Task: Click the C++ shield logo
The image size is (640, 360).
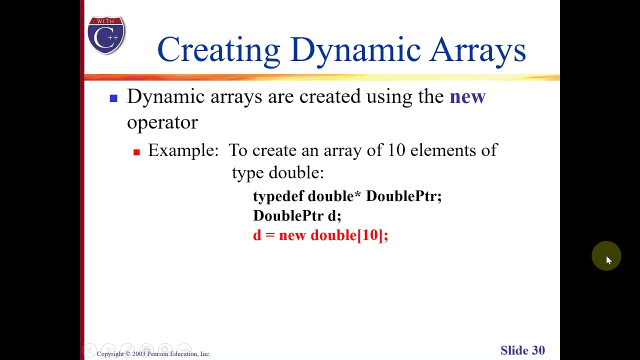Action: (x=106, y=35)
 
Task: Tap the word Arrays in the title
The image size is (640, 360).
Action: (x=477, y=50)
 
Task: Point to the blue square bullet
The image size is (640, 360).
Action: (x=113, y=98)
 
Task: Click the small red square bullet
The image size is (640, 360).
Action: (x=136, y=152)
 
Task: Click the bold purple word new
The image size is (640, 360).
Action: (x=467, y=96)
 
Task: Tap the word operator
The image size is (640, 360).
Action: (x=162, y=122)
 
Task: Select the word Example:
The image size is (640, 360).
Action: (x=183, y=150)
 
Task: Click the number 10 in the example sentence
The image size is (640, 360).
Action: (x=396, y=150)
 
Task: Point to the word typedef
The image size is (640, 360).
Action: (x=278, y=196)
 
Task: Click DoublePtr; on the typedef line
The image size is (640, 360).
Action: (x=403, y=196)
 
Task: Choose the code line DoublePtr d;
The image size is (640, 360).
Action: (x=297, y=216)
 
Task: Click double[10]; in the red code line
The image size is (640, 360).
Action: (x=349, y=235)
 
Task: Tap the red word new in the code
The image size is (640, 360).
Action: (x=292, y=235)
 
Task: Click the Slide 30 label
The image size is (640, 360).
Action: (x=522, y=350)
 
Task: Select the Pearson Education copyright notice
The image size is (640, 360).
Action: (x=153, y=354)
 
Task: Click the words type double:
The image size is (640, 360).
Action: (x=277, y=173)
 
